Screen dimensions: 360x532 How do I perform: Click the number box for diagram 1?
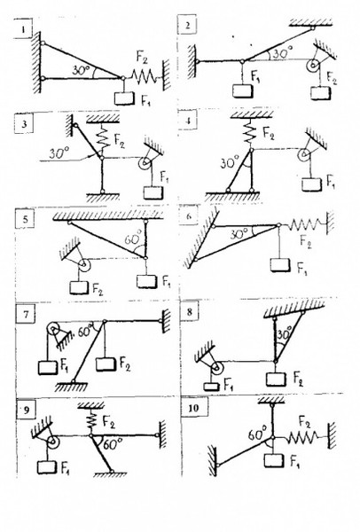point(23,29)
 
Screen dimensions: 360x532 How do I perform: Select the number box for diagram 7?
point(27,314)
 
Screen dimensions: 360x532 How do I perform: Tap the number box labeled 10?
point(193,407)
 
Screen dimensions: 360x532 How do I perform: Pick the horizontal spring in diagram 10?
point(303,438)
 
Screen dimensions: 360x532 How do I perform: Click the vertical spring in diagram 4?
point(251,131)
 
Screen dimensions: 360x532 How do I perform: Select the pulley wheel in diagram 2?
point(312,66)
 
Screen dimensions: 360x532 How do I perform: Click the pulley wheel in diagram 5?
point(83,265)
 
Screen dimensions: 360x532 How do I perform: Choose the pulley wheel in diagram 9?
point(52,442)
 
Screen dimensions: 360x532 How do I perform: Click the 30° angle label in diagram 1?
point(81,71)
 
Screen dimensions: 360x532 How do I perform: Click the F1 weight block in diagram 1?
point(124,98)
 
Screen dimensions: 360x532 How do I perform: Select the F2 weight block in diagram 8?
point(276,379)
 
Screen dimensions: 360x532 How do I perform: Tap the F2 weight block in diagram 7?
point(106,364)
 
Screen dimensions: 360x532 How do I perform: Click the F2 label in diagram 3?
point(119,141)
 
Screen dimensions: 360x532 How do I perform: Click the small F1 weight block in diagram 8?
point(212,387)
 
